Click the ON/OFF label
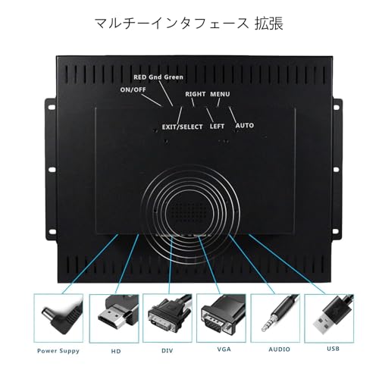coord(133,89)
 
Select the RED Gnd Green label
coord(158,77)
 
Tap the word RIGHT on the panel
coord(196,94)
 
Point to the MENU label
coord(220,94)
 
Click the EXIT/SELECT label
coord(183,127)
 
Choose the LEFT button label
coord(217,127)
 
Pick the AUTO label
coord(245,126)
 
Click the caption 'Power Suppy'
coord(58,351)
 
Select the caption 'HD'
coord(116,351)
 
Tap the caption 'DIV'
coord(168,351)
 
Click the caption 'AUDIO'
coord(279,349)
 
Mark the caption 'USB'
coord(333,349)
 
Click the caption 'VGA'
coord(224,349)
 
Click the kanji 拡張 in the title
coord(268,23)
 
